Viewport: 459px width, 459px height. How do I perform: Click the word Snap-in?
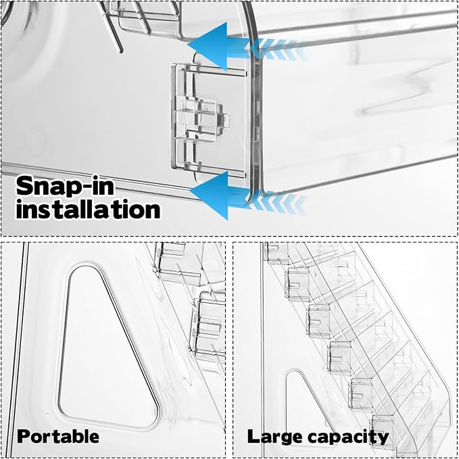pos(65,186)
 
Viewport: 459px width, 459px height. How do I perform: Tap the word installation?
pos(88,209)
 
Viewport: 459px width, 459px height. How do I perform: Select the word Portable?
pos(58,437)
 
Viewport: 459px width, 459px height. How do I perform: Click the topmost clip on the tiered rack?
pos(273,251)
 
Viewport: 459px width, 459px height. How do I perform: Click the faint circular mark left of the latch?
pos(36,143)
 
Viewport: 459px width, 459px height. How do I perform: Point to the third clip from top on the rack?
pos(318,320)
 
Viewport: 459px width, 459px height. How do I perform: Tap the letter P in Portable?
pos(24,437)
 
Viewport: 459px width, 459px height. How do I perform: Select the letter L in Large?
pos(253,437)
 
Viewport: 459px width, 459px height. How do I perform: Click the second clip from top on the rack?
pos(297,283)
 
